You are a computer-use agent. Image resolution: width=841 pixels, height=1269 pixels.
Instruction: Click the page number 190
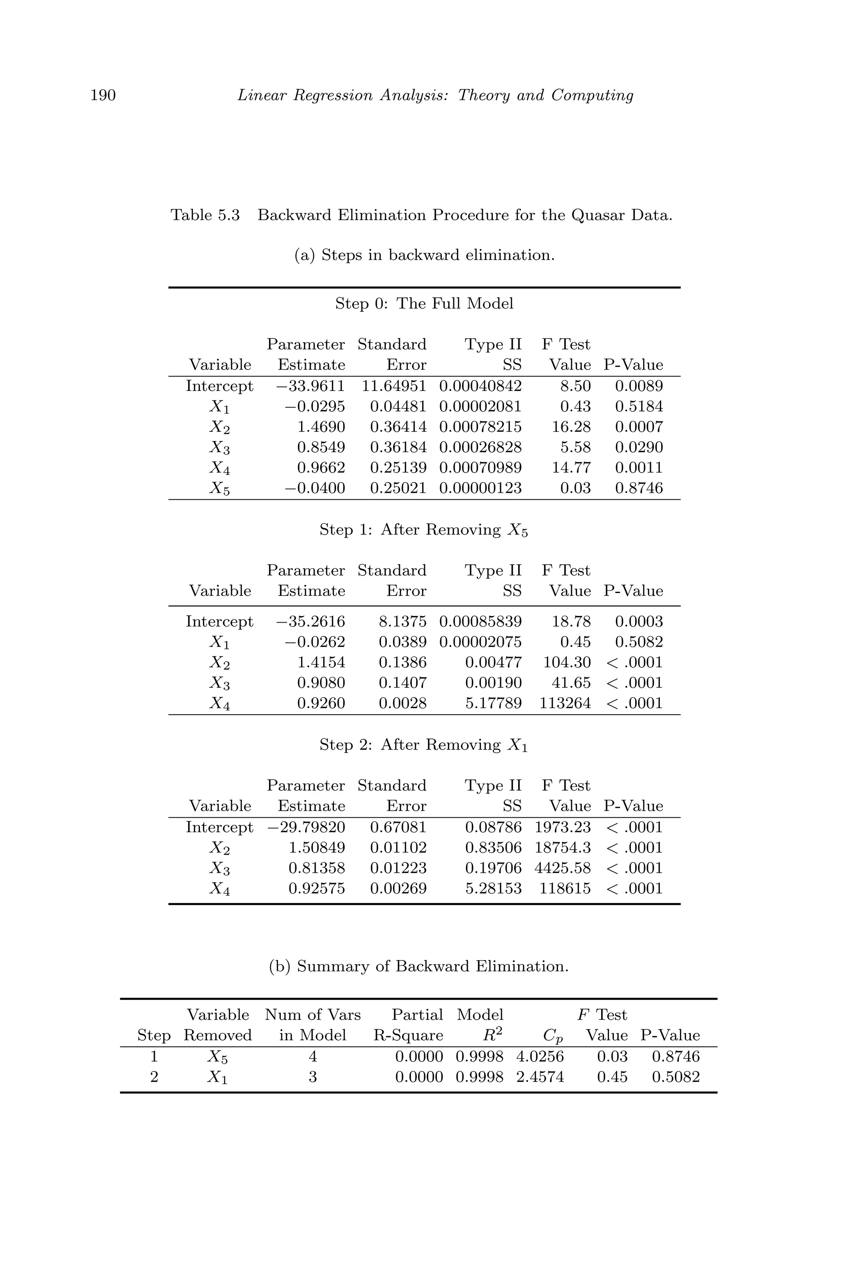coord(103,95)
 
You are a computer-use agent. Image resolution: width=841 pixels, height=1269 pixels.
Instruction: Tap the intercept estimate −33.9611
coord(310,386)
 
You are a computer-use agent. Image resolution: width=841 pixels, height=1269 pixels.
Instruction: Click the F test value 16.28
coord(571,427)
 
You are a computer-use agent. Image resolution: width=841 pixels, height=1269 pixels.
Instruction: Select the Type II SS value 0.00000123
coord(480,488)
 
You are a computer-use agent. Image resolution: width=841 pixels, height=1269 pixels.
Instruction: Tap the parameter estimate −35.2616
coord(310,622)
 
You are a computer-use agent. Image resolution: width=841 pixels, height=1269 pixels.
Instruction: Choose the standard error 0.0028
coord(402,703)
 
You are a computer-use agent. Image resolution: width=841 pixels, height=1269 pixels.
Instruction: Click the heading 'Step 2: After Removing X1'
coord(424,745)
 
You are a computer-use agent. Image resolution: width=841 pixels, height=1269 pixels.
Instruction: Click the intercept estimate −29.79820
coord(306,827)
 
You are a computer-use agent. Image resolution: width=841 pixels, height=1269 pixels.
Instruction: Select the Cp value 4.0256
coord(540,1057)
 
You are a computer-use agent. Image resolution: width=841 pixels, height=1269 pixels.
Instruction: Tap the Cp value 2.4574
coord(540,1077)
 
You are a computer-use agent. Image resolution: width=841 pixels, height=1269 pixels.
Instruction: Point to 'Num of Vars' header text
coord(313,1015)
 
